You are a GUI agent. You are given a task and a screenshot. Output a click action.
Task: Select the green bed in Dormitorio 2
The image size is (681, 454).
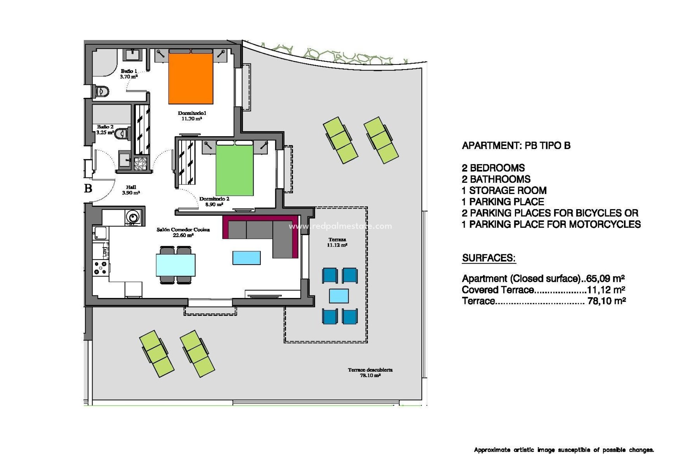point(234,170)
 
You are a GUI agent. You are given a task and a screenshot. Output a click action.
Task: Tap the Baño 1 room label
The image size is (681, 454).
point(129,74)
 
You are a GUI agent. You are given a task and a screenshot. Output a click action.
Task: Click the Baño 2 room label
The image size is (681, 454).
point(105,129)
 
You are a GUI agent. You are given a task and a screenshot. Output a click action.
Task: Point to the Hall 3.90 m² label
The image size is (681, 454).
point(131,190)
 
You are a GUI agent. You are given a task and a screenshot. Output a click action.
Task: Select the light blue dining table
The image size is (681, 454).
point(176,265)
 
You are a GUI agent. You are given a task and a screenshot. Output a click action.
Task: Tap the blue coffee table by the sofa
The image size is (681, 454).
point(247,258)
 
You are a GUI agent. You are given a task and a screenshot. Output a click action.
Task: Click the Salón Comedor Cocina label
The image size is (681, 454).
point(183,232)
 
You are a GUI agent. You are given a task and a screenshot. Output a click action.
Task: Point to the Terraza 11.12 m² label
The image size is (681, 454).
point(337,242)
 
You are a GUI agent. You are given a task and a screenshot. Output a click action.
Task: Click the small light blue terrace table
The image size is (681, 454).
point(339,296)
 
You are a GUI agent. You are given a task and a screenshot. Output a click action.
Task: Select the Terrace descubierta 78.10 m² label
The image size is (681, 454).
point(370,372)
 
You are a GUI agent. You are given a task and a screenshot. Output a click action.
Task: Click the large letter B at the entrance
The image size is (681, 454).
point(88,188)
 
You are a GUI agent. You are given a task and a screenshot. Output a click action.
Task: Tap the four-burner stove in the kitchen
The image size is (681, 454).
point(100,268)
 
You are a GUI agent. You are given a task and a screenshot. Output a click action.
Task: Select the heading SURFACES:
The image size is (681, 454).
point(488,258)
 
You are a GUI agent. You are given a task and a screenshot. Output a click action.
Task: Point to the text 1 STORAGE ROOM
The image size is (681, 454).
point(504,190)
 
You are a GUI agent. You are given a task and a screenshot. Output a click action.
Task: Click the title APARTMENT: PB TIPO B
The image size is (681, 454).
point(516,145)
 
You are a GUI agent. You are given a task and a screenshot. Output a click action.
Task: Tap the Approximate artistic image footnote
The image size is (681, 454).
point(564,450)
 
